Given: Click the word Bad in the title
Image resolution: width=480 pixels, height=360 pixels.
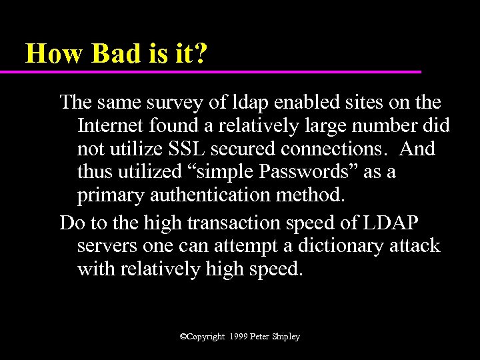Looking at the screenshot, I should (x=115, y=53).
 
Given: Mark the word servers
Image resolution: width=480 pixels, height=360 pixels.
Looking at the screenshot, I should (x=107, y=246).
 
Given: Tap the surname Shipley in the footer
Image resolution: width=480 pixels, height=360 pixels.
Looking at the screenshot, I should (x=286, y=337).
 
